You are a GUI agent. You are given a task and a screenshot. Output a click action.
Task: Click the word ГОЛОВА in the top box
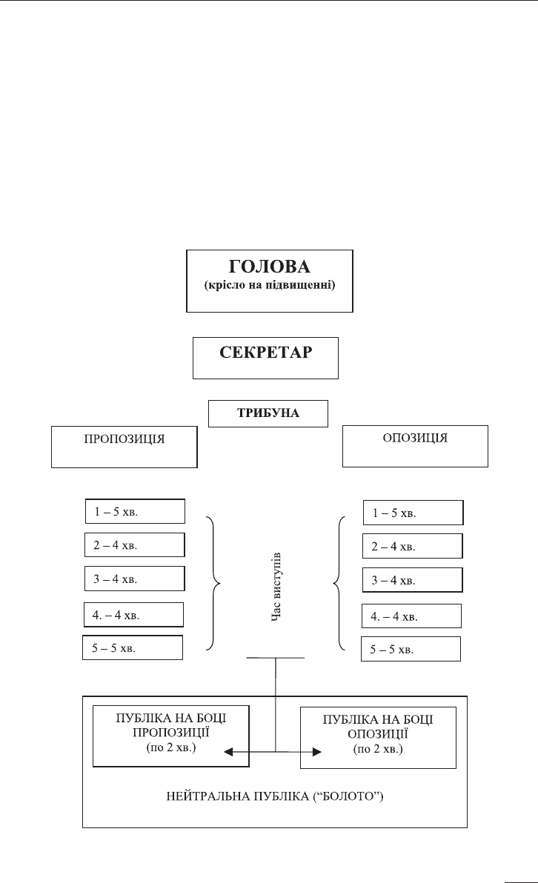pos(269,267)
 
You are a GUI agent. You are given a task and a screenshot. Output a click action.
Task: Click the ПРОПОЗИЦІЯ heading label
pos(124,439)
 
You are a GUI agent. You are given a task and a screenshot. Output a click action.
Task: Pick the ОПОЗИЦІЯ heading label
pos(415,438)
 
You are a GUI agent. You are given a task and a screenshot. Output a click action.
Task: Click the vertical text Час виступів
pos(276,587)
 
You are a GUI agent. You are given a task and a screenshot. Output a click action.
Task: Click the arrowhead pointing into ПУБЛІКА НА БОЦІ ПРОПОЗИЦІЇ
pos(228,752)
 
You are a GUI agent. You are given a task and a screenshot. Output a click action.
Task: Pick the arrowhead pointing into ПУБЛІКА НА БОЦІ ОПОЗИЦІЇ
pos(317,752)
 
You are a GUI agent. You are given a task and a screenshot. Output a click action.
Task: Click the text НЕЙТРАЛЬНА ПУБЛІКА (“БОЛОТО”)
pos(275,796)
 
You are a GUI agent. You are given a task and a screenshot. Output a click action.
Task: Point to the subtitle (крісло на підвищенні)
pos(269,285)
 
